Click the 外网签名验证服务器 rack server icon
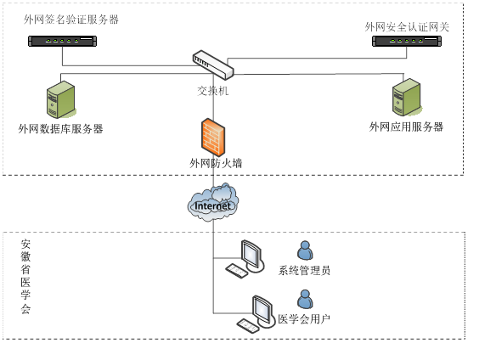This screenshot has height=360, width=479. click(62, 42)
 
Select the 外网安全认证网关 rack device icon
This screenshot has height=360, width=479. click(407, 42)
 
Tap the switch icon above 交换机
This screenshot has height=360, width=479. click(213, 65)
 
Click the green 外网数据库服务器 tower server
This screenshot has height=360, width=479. click(61, 99)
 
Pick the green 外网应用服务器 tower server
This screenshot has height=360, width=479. click(407, 97)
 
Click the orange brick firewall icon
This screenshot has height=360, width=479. click(213, 137)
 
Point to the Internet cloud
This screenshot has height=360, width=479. click(213, 202)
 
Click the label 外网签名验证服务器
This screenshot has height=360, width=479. click(71, 20)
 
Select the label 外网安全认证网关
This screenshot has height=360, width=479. click(407, 27)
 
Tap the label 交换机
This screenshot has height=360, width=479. click(213, 91)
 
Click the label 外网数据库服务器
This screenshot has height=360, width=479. click(60, 128)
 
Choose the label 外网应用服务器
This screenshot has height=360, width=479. click(406, 127)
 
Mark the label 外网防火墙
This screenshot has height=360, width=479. click(216, 163)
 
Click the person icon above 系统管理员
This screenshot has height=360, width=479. click(305, 250)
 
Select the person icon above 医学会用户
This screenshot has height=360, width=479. click(305, 299)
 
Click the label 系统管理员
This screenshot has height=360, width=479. click(304, 270)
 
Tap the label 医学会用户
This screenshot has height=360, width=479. click(304, 319)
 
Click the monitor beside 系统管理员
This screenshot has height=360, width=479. click(251, 256)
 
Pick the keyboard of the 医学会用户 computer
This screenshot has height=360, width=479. click(248, 326)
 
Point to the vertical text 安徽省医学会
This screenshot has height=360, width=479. click(25, 277)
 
